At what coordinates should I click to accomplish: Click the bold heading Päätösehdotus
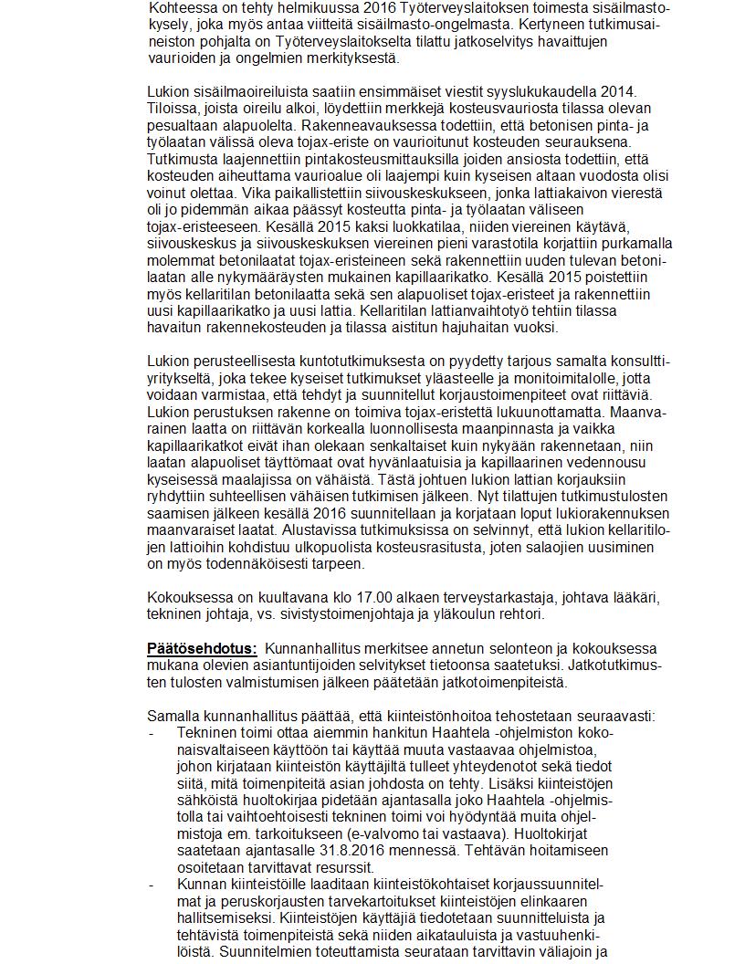202,648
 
